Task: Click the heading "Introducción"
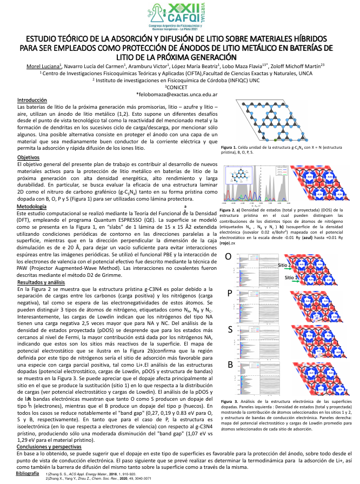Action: click(32, 101)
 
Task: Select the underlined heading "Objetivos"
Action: click(29, 157)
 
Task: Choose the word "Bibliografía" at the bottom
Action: click(28, 473)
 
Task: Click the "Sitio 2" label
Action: click(291, 277)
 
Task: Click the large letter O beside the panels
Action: click(229, 256)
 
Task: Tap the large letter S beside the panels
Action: click(230, 329)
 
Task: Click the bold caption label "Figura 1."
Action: click(229, 147)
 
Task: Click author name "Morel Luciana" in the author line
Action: click(42, 66)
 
